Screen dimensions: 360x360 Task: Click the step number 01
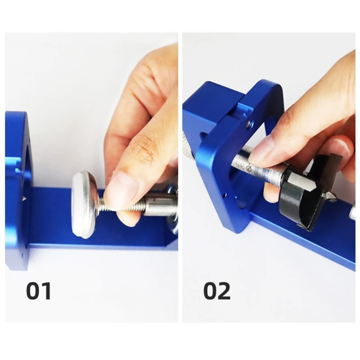click(x=39, y=291)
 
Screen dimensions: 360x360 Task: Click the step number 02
click(x=217, y=291)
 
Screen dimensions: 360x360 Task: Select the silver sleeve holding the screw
click(x=159, y=204)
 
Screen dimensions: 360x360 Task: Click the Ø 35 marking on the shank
click(x=243, y=166)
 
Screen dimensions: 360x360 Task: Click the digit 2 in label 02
click(x=224, y=291)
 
